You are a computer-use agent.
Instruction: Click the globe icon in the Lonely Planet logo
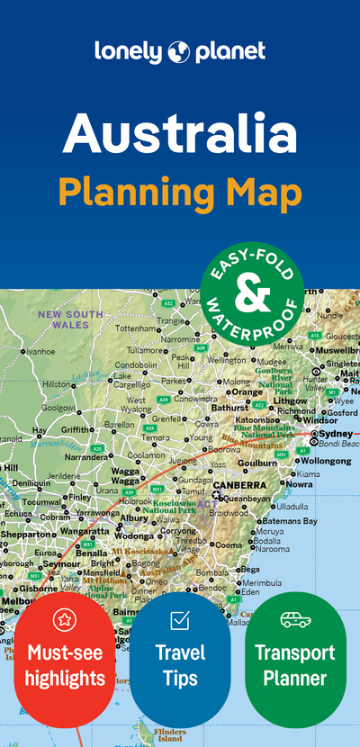coord(178,50)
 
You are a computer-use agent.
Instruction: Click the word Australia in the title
coord(180,134)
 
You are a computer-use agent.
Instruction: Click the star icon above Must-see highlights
coord(65,619)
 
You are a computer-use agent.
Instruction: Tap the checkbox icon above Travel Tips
coord(179,619)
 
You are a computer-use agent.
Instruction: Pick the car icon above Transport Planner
coord(295,619)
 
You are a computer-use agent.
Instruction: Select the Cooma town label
coord(227,544)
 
